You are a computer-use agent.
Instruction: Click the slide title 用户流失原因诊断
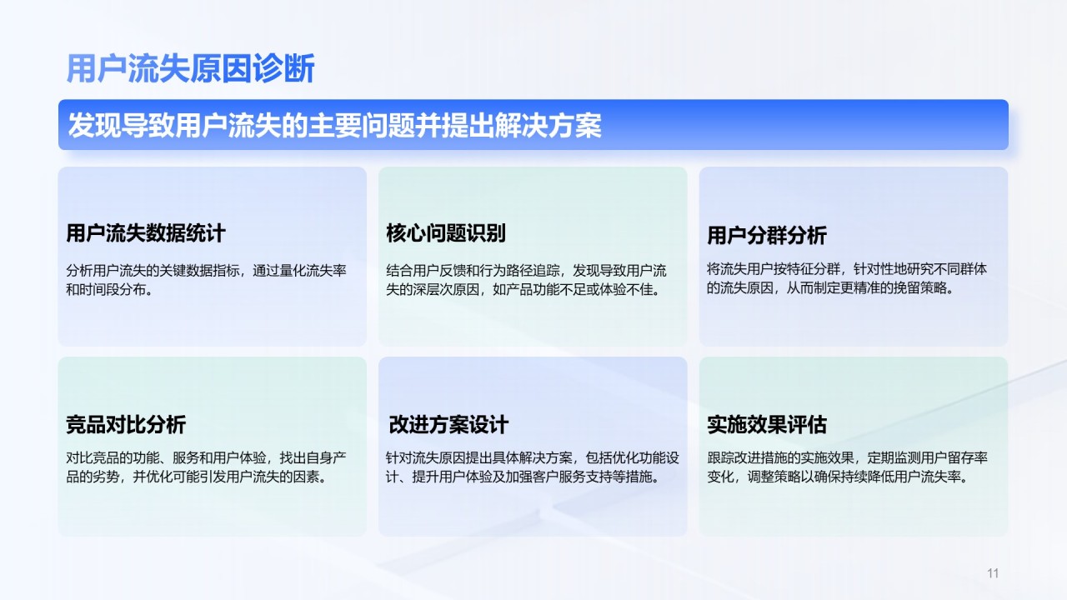click(191, 68)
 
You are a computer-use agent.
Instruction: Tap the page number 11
click(993, 572)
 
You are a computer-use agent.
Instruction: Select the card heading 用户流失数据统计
click(146, 233)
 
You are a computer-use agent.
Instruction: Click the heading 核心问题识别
click(446, 233)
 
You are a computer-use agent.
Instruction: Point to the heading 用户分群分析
click(767, 235)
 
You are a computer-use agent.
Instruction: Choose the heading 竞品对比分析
click(126, 424)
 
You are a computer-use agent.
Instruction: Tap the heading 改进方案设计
click(448, 424)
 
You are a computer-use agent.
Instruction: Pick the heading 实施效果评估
click(767, 424)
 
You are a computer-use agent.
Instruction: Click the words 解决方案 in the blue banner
click(548, 125)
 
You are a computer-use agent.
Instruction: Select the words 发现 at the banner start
click(94, 125)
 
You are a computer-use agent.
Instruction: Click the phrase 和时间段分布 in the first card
click(106, 289)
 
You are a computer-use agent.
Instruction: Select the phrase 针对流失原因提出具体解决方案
click(479, 458)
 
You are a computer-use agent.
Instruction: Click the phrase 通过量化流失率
click(299, 271)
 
